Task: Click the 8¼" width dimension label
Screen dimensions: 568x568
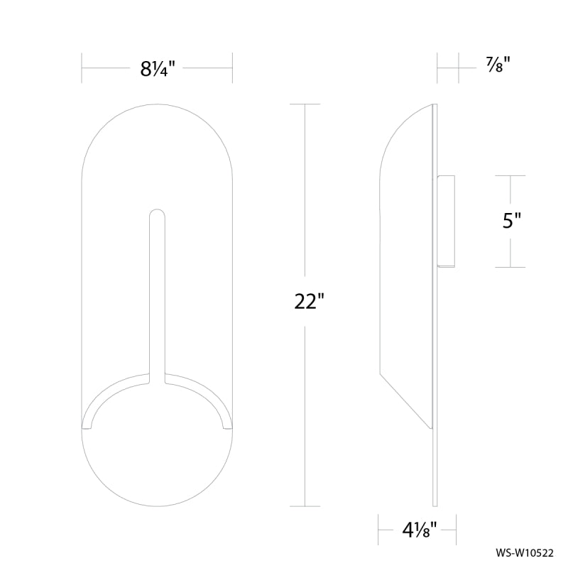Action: coord(158,68)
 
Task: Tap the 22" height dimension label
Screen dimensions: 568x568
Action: coord(309,301)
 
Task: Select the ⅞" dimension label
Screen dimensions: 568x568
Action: coord(498,65)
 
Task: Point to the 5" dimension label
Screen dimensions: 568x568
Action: coord(511,220)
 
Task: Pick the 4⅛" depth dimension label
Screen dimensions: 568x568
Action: coord(420,531)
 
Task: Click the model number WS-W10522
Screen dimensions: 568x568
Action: coord(525,553)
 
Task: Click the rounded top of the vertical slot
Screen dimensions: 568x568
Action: coord(157,214)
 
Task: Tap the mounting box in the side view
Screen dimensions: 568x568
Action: coord(446,222)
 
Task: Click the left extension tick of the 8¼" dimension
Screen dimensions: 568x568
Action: coord(82,67)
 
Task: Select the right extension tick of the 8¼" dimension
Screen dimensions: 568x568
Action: coord(232,67)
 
